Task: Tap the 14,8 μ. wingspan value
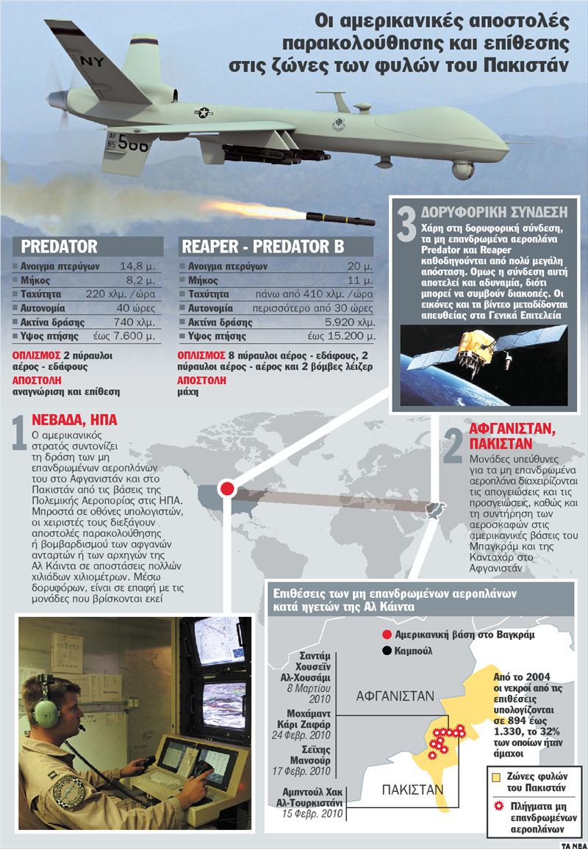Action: click(x=137, y=267)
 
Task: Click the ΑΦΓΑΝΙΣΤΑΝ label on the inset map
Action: click(x=395, y=696)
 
